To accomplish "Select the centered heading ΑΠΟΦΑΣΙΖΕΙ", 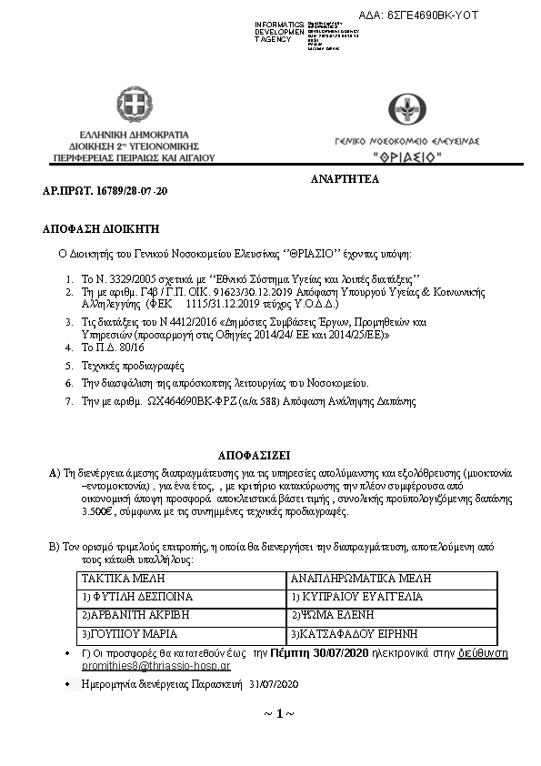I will pyautogui.click(x=256, y=452).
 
